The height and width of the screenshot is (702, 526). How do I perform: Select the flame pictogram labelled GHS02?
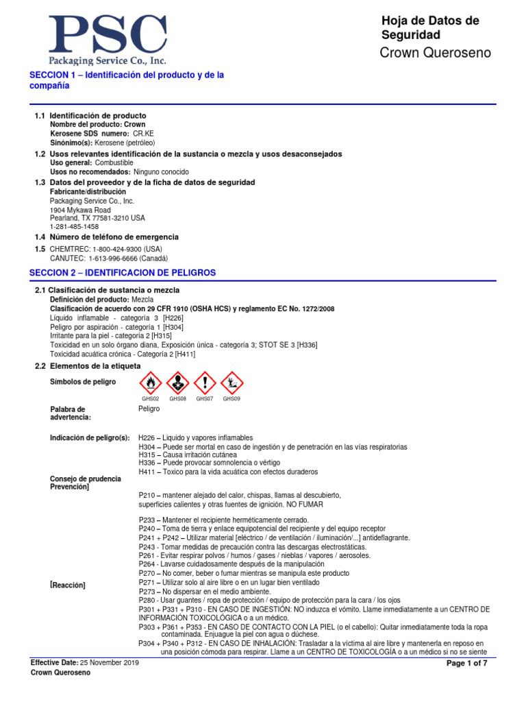[x=151, y=383]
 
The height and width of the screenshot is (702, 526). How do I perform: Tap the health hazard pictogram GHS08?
[x=178, y=383]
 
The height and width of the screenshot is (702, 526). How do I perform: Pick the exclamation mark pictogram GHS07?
[x=205, y=383]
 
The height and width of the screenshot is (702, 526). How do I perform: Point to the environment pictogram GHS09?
[x=232, y=383]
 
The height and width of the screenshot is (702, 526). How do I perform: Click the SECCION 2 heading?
[x=123, y=273]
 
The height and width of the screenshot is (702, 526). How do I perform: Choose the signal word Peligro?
[x=149, y=409]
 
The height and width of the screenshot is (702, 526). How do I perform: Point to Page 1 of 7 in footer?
[x=467, y=664]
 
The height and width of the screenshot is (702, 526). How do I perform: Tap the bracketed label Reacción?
[x=68, y=585]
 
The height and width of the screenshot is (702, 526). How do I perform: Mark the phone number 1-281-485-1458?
[x=75, y=226]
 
